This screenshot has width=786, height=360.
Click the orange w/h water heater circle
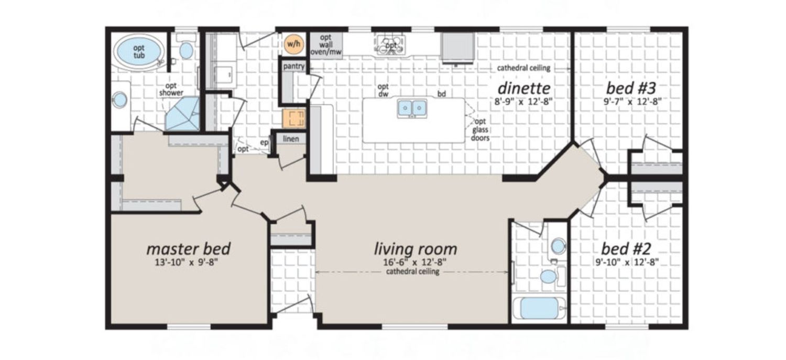293,44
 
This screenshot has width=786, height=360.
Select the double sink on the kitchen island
412,108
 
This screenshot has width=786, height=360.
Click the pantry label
293,66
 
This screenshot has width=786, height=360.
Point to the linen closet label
291,138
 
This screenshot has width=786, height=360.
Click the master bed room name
188,249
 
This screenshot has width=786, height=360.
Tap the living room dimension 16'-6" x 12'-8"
415,262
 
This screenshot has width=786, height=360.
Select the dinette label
524,88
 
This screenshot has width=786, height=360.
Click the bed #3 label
631,88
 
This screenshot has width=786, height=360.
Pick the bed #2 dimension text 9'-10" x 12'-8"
627,262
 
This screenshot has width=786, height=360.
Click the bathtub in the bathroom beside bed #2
539,308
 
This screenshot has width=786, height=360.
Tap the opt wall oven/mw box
326,45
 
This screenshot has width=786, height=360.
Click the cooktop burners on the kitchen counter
390,45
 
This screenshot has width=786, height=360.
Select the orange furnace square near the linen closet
294,118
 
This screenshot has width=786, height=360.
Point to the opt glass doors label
480,129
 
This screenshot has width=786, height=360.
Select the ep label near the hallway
264,143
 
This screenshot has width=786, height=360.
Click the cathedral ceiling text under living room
413,271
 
